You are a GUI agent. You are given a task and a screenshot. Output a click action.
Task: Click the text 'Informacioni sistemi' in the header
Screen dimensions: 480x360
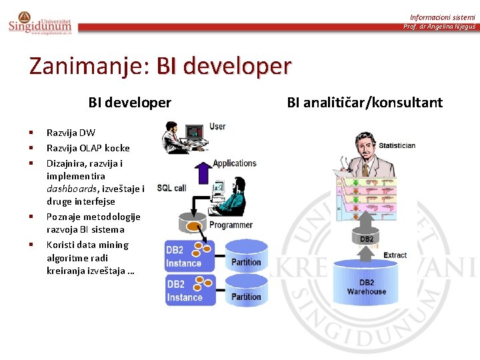442,17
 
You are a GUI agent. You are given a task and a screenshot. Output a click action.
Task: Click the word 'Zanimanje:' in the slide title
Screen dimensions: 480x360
90,66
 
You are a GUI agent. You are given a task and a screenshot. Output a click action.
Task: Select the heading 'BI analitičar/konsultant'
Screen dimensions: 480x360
365,102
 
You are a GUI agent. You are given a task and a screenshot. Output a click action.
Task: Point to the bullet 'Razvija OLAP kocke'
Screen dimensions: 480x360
88,148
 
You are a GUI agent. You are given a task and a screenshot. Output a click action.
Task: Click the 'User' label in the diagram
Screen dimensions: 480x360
217,127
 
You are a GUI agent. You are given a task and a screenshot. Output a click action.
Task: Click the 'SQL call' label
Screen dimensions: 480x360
171,188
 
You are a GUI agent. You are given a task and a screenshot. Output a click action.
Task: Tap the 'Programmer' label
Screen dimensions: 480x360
231,225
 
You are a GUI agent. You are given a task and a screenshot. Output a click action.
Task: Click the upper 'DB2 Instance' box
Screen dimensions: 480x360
190,255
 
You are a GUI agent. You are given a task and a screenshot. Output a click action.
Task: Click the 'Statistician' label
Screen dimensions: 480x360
398,145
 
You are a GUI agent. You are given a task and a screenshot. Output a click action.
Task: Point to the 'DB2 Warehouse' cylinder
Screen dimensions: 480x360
366,284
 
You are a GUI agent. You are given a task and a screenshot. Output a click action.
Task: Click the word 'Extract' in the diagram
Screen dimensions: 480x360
395,255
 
